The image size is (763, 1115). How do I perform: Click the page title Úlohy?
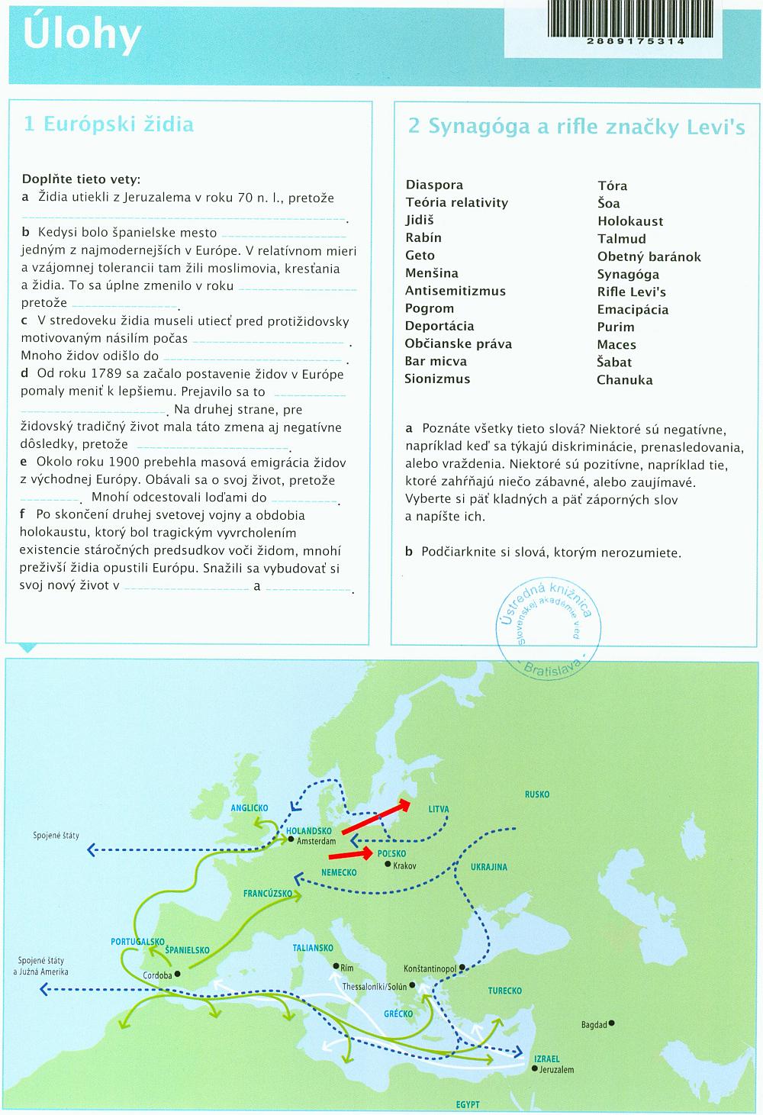click(82, 35)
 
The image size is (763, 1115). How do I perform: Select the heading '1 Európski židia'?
click(108, 124)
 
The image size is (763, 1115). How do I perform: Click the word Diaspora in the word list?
click(434, 185)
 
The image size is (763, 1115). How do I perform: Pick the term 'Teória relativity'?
click(456, 202)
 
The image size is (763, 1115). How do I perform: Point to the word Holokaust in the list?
click(630, 221)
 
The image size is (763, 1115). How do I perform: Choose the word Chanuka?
click(625, 380)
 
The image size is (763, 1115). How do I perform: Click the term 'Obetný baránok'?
click(649, 256)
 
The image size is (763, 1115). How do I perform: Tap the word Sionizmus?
click(437, 379)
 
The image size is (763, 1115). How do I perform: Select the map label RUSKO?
click(537, 794)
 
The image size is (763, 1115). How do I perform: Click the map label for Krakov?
click(405, 865)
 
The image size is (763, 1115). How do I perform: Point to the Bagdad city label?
click(594, 1025)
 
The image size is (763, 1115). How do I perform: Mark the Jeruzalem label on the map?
click(556, 1070)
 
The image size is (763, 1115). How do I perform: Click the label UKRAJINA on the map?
click(489, 868)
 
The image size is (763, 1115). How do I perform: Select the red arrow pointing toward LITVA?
click(376, 817)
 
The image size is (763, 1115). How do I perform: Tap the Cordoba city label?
click(157, 975)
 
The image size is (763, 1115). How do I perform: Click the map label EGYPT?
click(468, 1105)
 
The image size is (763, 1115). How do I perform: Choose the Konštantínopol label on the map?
click(430, 968)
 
